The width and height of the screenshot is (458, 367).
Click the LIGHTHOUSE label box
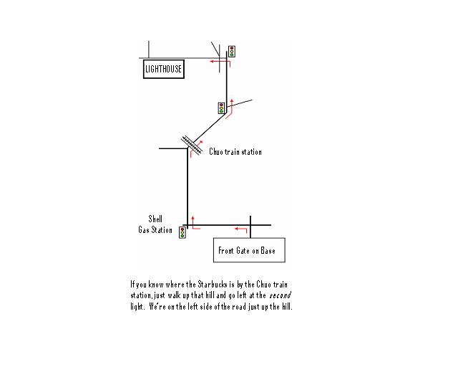point(164,69)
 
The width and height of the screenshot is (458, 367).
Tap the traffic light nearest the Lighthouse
point(232,51)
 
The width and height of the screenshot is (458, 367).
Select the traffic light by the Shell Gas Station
point(182,233)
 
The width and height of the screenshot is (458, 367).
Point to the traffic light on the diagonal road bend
point(221,108)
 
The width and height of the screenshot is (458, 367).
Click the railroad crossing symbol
point(192,145)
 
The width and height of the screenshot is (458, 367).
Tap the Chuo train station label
point(235,151)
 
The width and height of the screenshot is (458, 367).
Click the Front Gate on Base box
point(249,250)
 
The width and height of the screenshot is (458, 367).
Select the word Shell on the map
point(155,219)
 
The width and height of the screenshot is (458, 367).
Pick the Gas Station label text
point(155,230)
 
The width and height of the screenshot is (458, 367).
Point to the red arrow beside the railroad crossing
point(195,148)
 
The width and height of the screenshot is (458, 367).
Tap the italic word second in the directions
point(280,295)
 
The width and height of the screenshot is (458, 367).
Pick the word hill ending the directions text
point(287,306)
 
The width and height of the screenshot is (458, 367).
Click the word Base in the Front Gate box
point(268,250)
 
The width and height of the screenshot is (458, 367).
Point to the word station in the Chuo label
point(251,151)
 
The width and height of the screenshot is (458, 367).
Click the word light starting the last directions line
point(137,307)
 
